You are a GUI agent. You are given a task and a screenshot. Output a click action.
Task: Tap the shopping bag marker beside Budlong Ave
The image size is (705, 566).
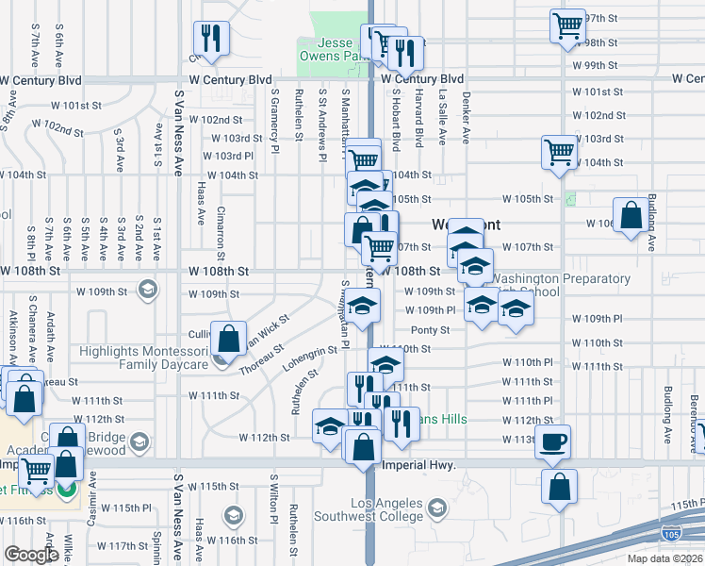[630, 214]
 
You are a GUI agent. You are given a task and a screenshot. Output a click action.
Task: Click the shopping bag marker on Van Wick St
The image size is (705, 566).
[229, 337]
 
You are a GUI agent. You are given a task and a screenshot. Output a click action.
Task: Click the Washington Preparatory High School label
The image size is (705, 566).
[560, 285]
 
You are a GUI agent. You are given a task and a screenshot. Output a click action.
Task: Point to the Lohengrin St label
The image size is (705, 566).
[307, 361]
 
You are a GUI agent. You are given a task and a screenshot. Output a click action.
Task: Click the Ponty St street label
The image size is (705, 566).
[430, 330]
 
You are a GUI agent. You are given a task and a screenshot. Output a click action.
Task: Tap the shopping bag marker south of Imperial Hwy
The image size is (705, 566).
[560, 488]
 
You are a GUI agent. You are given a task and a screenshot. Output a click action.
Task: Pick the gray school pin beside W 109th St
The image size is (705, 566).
[146, 289]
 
